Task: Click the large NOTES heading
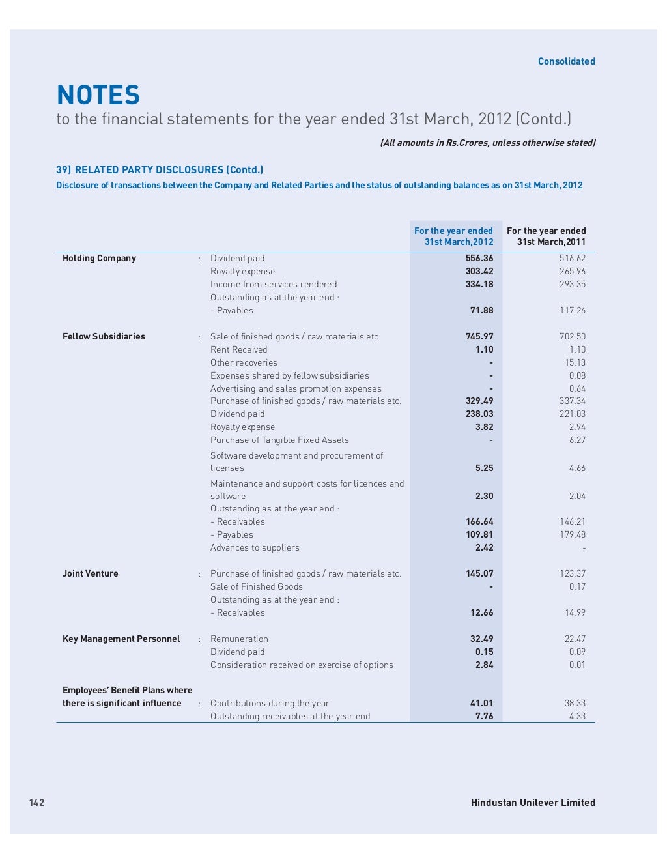(x=98, y=95)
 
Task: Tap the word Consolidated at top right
(x=566, y=61)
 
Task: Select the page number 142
(x=36, y=802)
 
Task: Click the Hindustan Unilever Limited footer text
(x=533, y=803)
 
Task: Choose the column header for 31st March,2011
(x=546, y=237)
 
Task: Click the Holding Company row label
(x=99, y=259)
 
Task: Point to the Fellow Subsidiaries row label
(x=104, y=337)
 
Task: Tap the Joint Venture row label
(x=91, y=574)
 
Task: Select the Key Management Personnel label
(x=121, y=639)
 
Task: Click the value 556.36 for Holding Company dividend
(x=479, y=259)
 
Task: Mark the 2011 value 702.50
(x=572, y=337)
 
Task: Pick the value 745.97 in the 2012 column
(x=479, y=337)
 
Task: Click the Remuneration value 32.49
(x=481, y=639)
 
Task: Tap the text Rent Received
(x=238, y=350)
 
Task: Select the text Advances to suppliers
(x=255, y=548)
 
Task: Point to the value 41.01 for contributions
(x=481, y=704)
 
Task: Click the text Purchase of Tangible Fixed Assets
(x=279, y=440)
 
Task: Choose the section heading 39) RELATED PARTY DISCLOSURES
(x=160, y=170)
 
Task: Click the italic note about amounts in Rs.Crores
(x=488, y=143)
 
